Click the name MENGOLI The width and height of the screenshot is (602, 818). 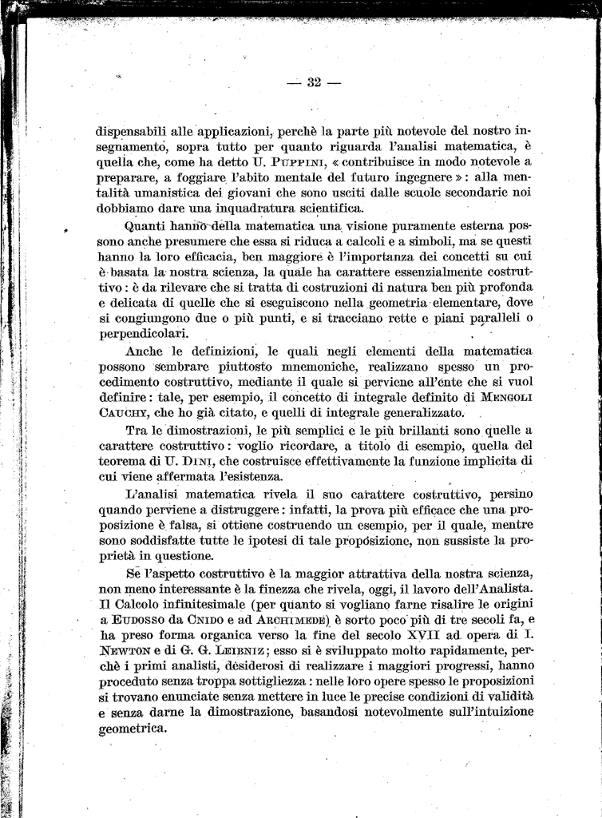tap(500, 396)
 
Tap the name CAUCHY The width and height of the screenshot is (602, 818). tap(125, 413)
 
